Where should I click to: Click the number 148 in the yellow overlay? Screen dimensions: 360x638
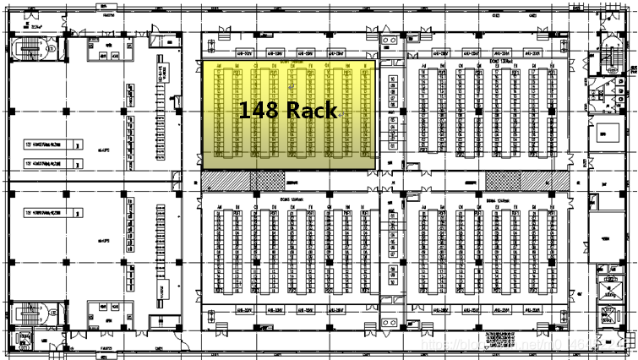coord(258,110)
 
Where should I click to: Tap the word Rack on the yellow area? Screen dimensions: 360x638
coord(312,110)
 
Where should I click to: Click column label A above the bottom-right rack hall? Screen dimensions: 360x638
coord(424,206)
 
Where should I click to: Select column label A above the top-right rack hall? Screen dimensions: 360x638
coord(424,65)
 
